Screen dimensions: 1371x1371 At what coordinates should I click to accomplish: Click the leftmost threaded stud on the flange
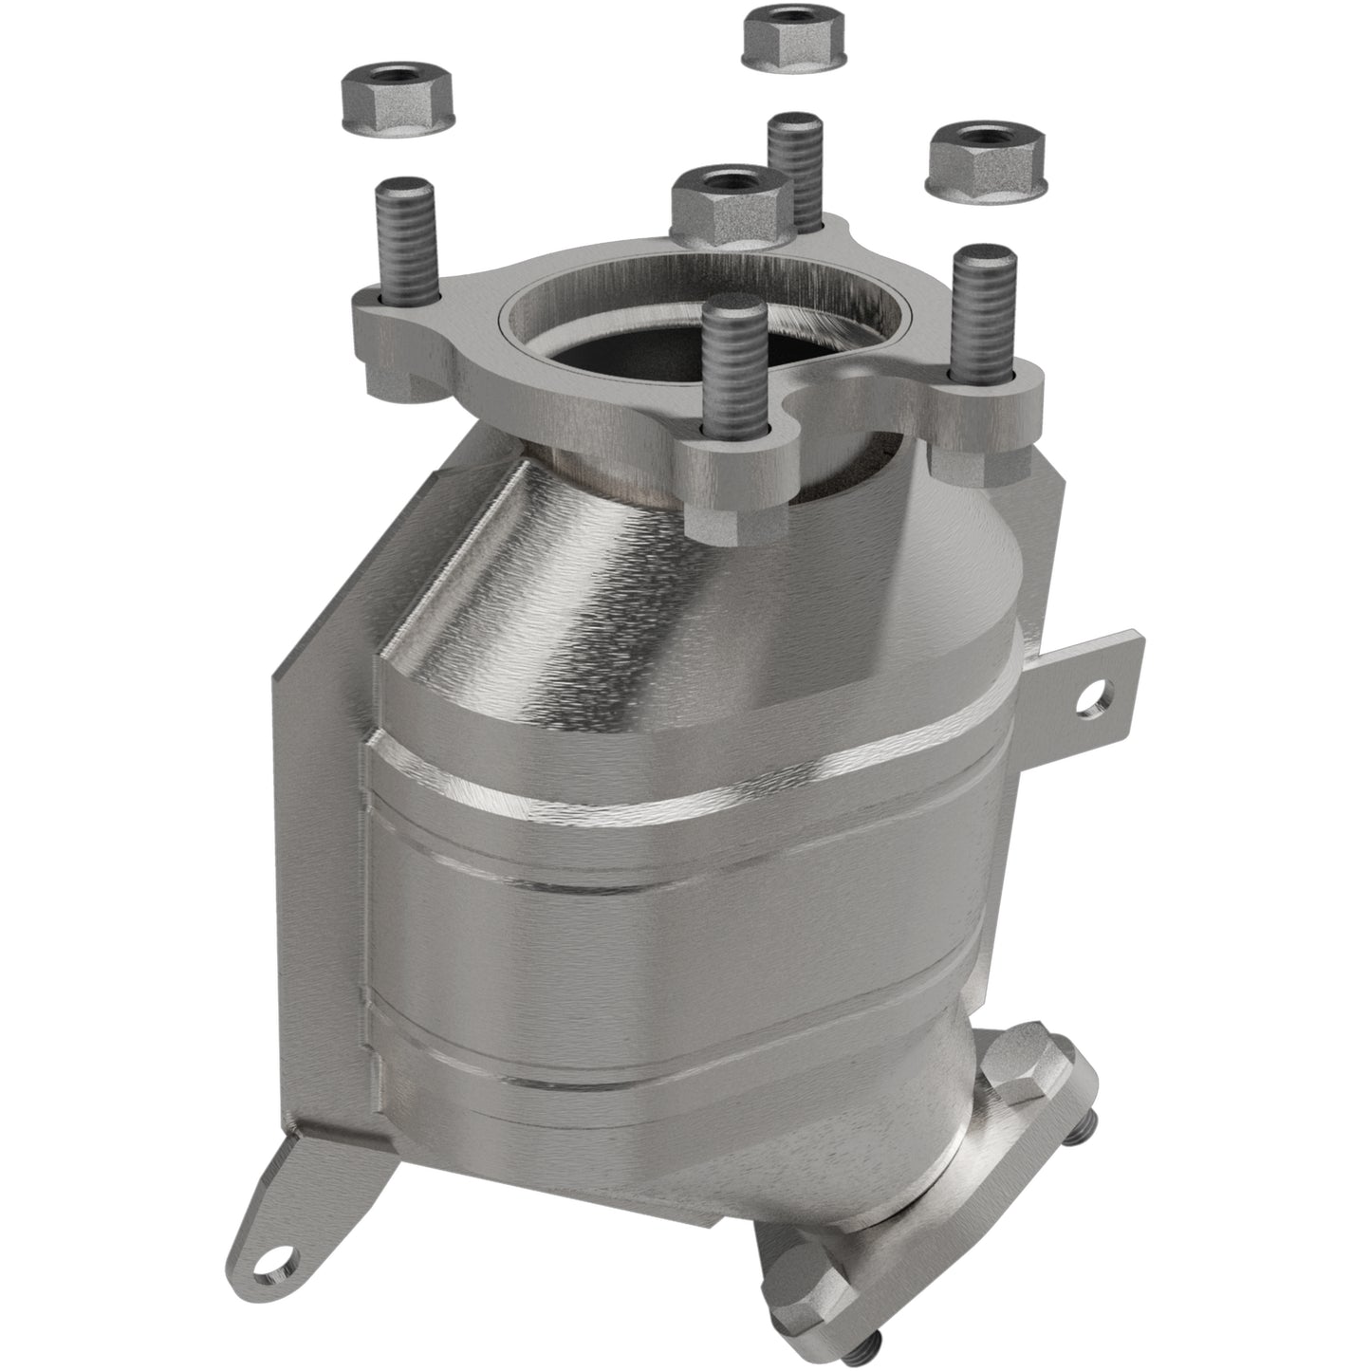pyautogui.click(x=409, y=238)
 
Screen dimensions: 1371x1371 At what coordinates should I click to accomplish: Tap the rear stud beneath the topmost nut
pyautogui.click(x=795, y=166)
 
